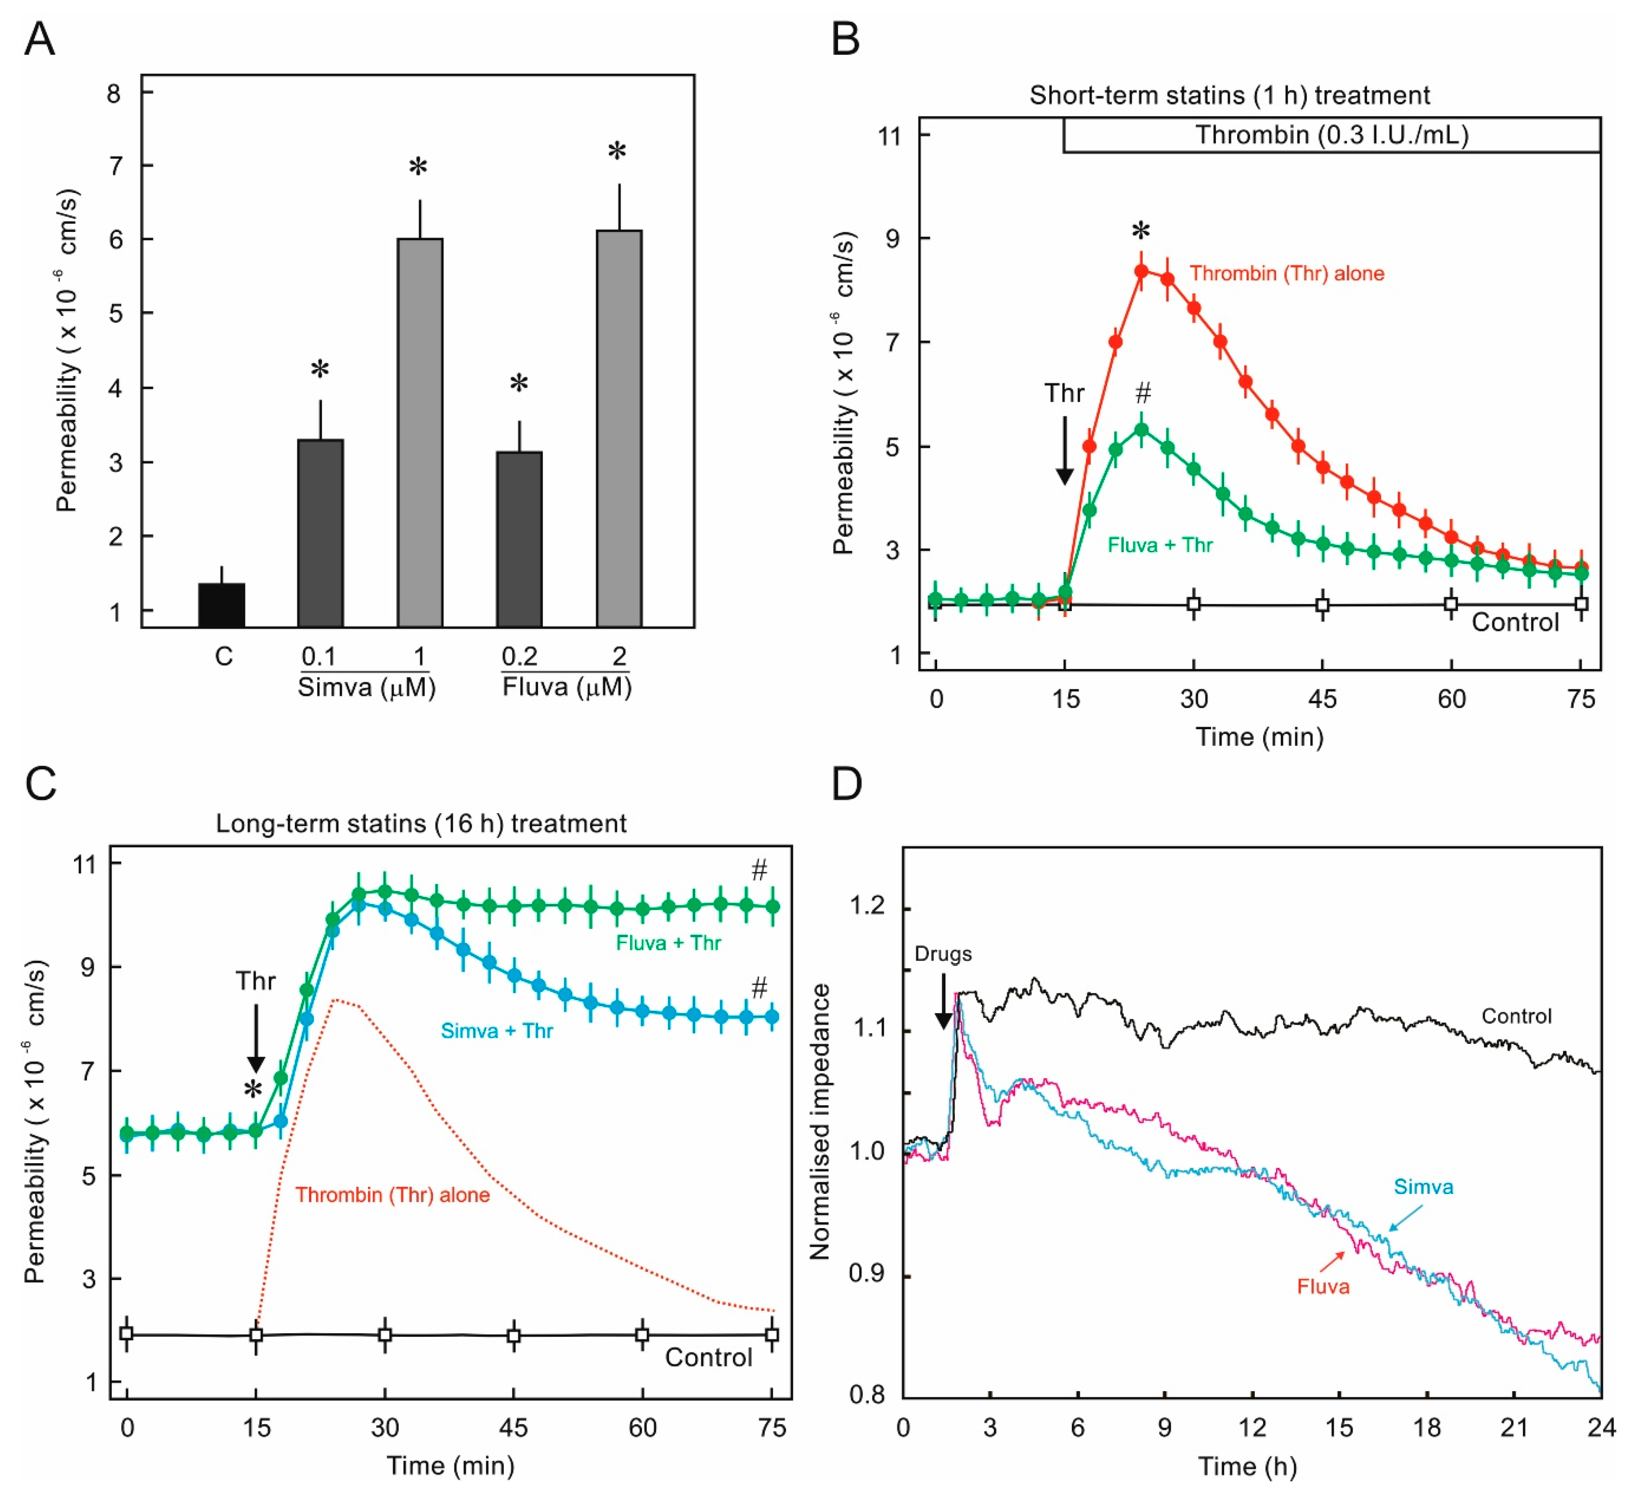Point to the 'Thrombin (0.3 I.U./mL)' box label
(x=1332, y=135)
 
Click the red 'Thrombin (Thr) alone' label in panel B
(x=1286, y=273)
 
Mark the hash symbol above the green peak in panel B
(x=1142, y=393)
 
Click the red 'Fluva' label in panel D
(x=1323, y=1286)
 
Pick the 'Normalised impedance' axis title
(x=820, y=1121)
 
